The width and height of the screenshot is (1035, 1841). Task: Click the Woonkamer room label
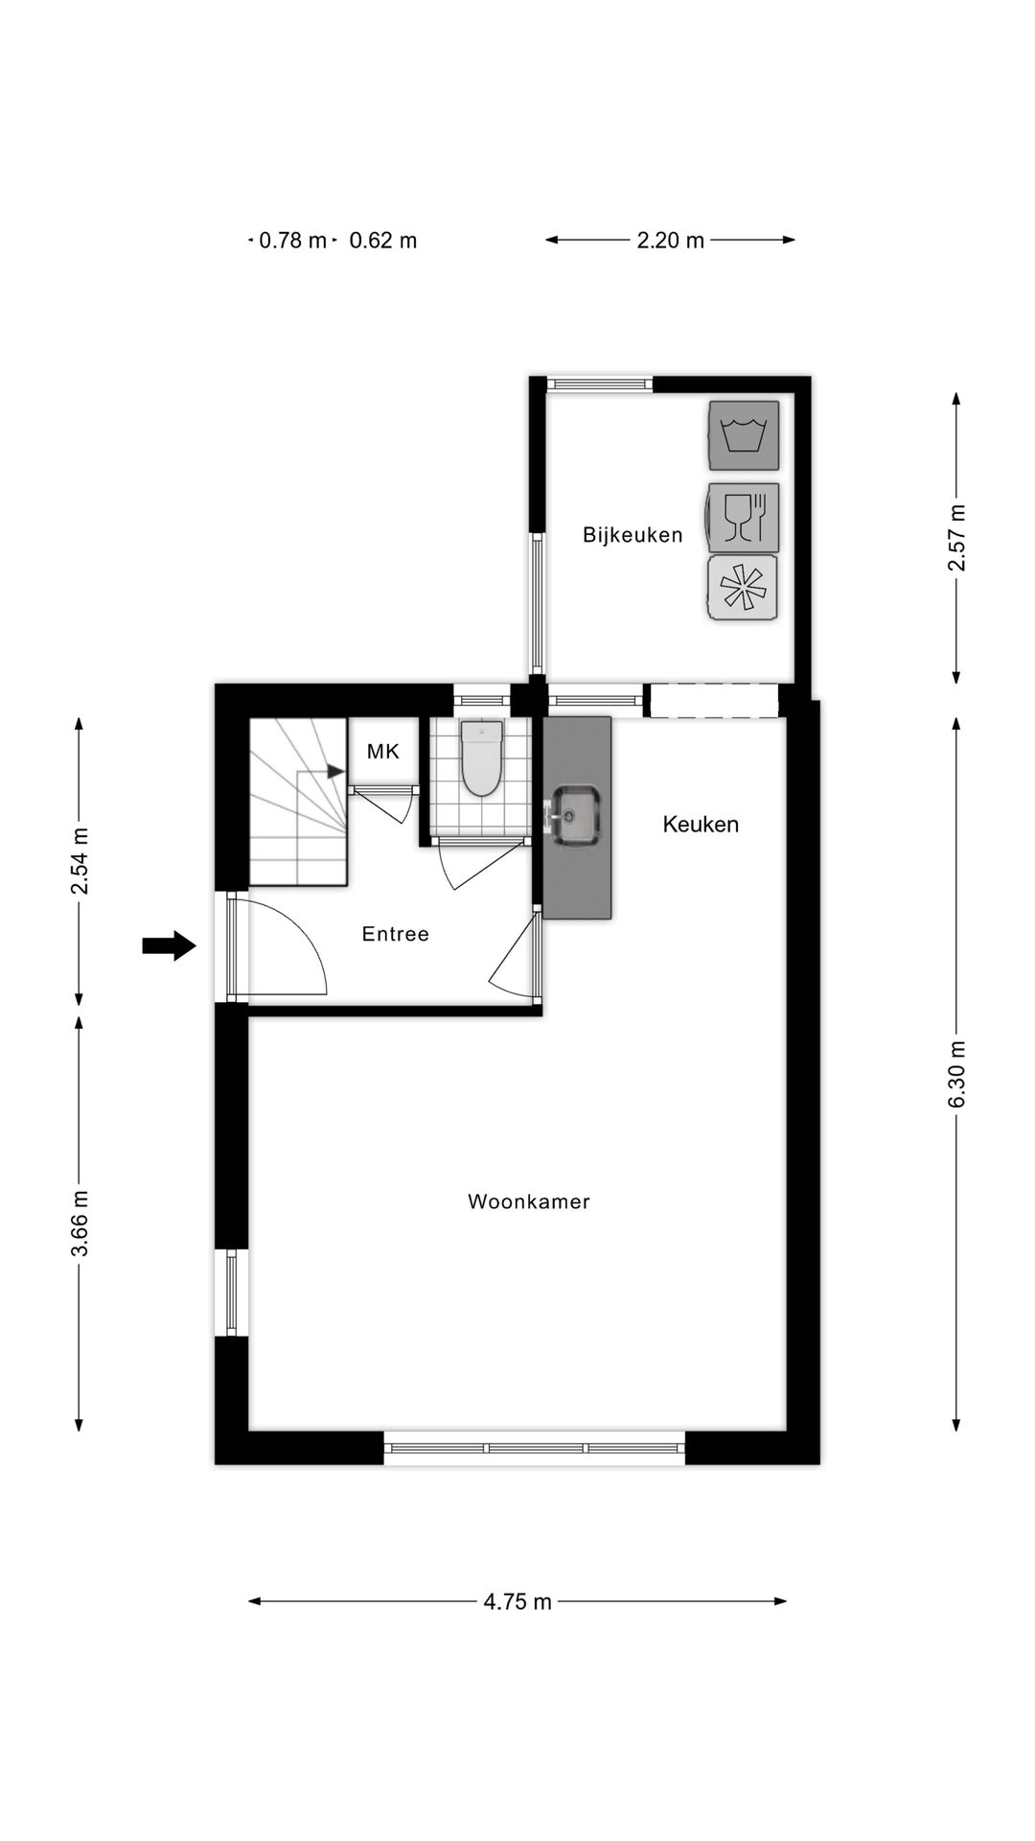(x=528, y=1201)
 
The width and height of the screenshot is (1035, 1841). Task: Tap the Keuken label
(x=701, y=824)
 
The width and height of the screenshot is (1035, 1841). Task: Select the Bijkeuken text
(x=632, y=535)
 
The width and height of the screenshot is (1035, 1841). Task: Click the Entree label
(x=395, y=934)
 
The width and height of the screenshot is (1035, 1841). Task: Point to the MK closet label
(x=382, y=752)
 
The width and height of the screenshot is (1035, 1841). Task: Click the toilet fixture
(x=481, y=759)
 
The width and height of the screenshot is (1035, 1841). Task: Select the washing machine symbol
(x=744, y=435)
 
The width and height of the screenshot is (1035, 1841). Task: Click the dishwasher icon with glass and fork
(x=744, y=518)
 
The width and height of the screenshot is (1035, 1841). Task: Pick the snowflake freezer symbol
(x=743, y=588)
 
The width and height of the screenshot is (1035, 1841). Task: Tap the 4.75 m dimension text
(x=517, y=1601)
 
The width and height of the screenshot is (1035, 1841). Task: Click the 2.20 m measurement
(x=671, y=241)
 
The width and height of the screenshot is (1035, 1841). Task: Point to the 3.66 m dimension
(x=80, y=1223)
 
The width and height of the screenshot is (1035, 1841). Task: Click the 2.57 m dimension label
(x=956, y=538)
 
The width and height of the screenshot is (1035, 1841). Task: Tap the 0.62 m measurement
(x=383, y=241)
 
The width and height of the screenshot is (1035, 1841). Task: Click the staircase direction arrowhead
(x=335, y=770)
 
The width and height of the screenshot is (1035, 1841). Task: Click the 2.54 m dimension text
(x=80, y=861)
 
